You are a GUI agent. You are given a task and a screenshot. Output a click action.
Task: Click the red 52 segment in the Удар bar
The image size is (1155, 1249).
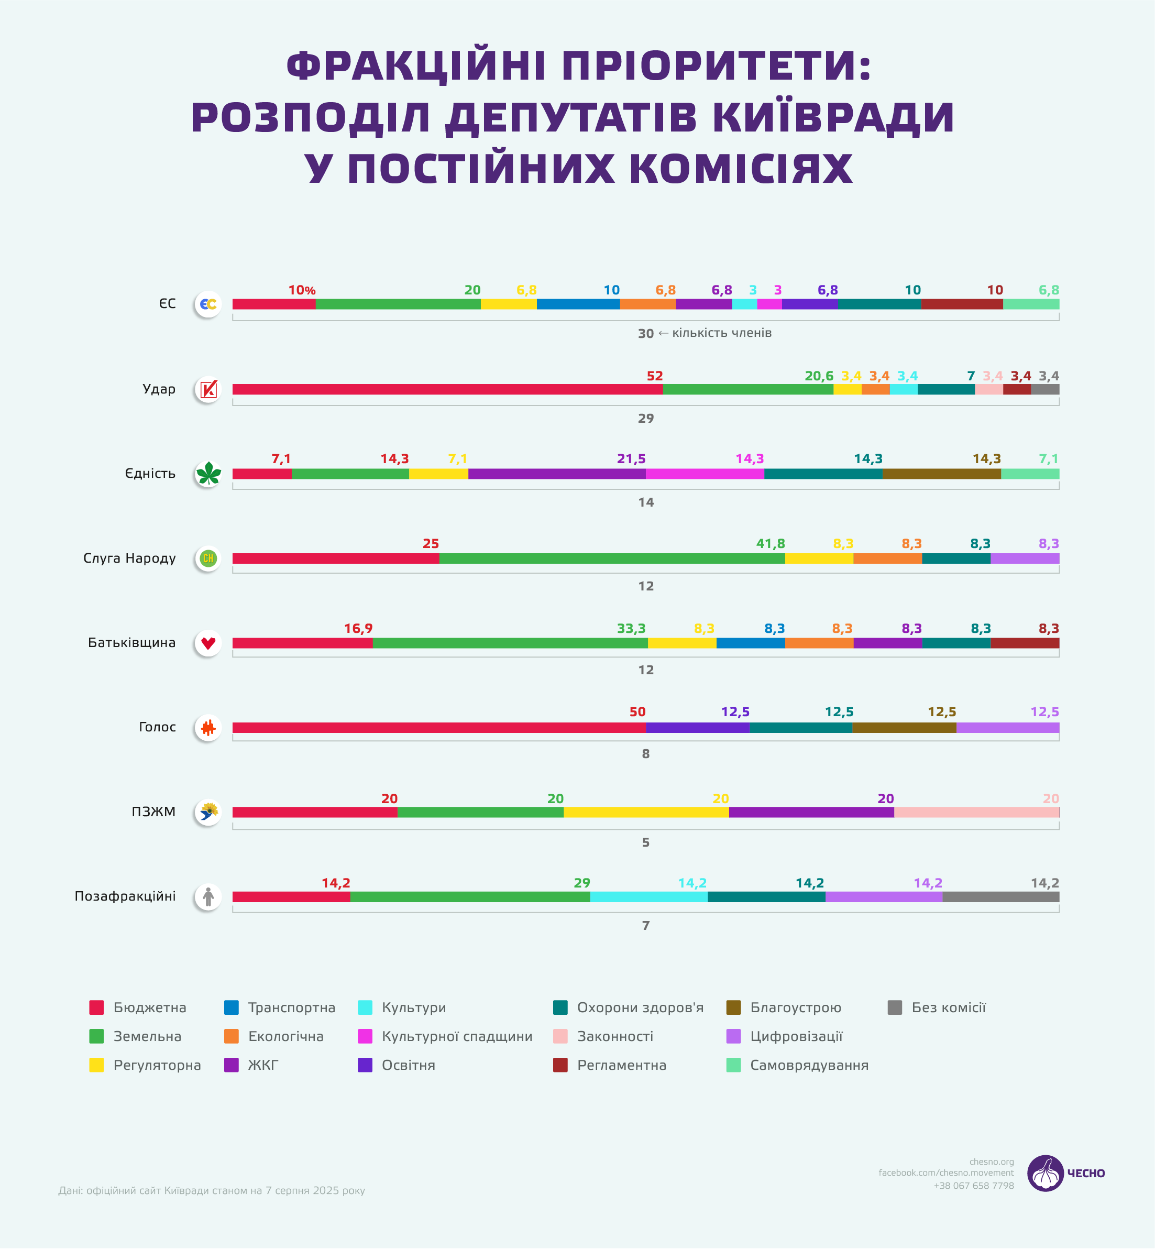[447, 389]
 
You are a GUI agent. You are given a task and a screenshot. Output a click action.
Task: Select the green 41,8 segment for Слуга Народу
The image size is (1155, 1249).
[612, 558]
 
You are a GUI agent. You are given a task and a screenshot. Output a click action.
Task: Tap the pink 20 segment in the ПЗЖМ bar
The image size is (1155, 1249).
[976, 812]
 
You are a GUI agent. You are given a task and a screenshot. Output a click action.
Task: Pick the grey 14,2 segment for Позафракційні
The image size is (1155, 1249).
[1000, 897]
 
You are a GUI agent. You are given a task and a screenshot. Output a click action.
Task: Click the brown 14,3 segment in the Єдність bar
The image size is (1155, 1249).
[941, 474]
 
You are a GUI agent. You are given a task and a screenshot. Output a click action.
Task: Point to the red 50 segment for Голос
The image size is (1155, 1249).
[439, 728]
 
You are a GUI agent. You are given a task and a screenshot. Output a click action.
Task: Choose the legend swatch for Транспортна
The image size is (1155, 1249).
[231, 1007]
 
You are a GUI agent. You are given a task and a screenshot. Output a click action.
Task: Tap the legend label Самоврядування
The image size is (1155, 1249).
[809, 1065]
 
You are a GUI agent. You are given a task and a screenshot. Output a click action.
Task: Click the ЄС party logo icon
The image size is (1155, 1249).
[208, 304]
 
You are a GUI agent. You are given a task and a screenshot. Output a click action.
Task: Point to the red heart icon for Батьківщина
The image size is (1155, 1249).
[208, 643]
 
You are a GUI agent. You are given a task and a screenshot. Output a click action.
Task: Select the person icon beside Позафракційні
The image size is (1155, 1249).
[208, 897]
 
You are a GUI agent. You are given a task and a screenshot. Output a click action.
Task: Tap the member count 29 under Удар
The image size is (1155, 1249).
[646, 418]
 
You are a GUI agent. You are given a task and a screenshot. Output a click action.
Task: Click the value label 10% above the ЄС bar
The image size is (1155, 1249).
[302, 291]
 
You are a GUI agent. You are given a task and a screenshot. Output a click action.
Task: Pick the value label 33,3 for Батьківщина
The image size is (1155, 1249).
[631, 629]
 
